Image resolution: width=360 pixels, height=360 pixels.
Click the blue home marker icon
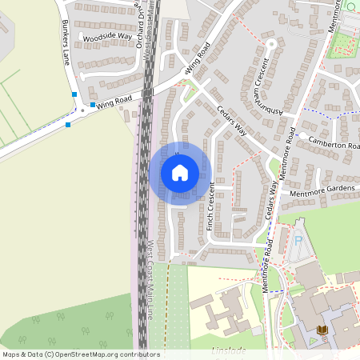(x=180, y=172)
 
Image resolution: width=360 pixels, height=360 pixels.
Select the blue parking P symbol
(x=299, y=239)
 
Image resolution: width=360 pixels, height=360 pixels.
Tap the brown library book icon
(x=322, y=330)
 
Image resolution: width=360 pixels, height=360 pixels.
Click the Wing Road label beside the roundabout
(x=115, y=102)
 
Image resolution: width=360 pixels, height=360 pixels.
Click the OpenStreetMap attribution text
(x=80, y=354)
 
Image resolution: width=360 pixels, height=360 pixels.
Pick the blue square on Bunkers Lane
(x=74, y=94)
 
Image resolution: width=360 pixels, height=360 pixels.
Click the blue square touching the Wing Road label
(x=94, y=104)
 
